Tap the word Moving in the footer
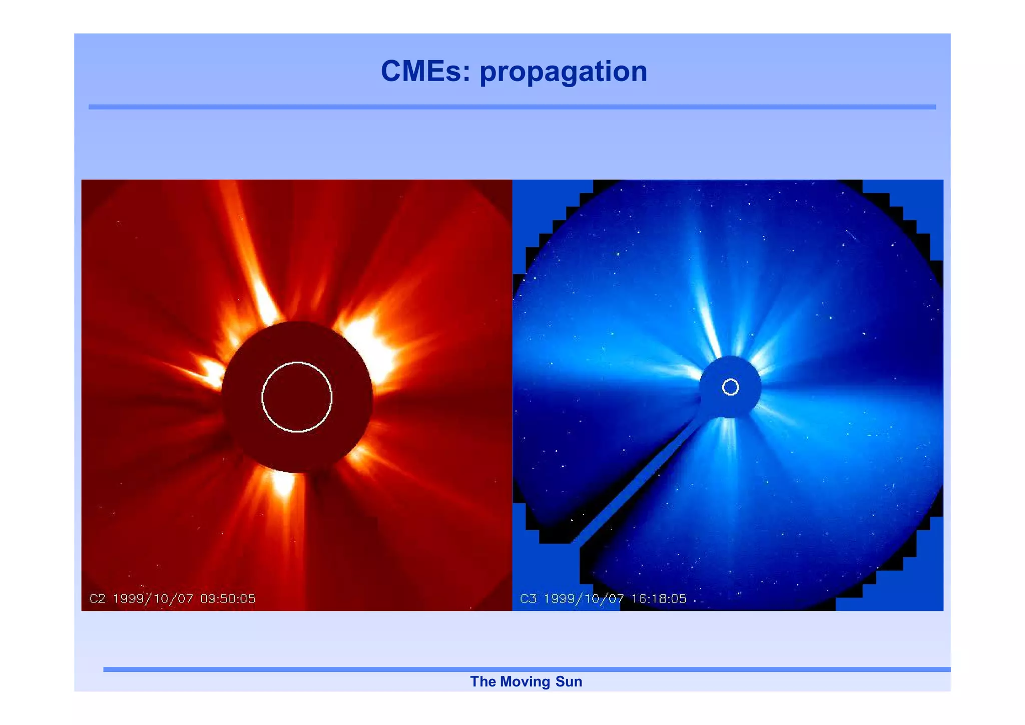525,681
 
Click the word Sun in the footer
569,681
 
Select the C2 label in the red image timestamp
97,598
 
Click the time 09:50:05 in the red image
228,598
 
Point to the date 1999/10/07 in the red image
153,598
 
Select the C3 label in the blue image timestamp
528,598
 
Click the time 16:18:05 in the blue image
659,598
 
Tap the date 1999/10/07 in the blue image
584,598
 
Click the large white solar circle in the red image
297,363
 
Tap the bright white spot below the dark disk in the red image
284,483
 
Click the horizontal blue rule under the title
512,107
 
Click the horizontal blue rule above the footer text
526,669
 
